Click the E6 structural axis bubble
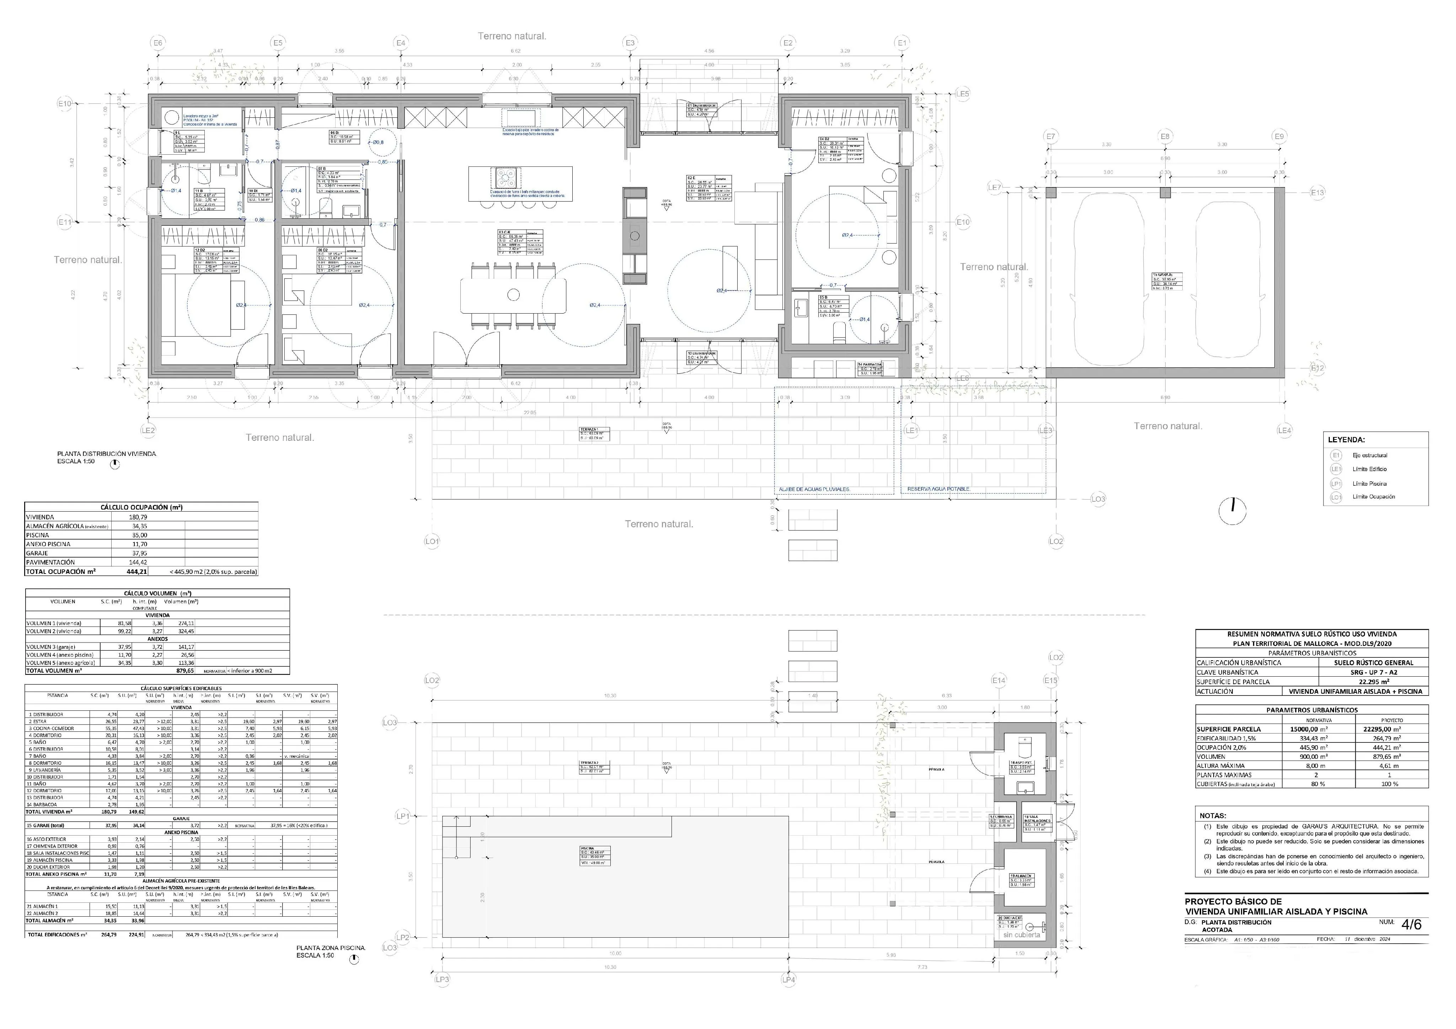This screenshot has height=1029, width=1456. [x=157, y=43]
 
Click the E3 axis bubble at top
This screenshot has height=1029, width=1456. [x=630, y=43]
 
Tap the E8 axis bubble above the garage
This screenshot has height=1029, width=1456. [x=1165, y=137]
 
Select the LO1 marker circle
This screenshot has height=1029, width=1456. [x=432, y=541]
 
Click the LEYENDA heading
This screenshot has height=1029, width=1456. [x=1346, y=439]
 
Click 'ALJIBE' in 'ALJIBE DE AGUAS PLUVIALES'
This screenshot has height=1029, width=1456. [x=788, y=489]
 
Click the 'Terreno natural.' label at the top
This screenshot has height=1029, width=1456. [x=512, y=36]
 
